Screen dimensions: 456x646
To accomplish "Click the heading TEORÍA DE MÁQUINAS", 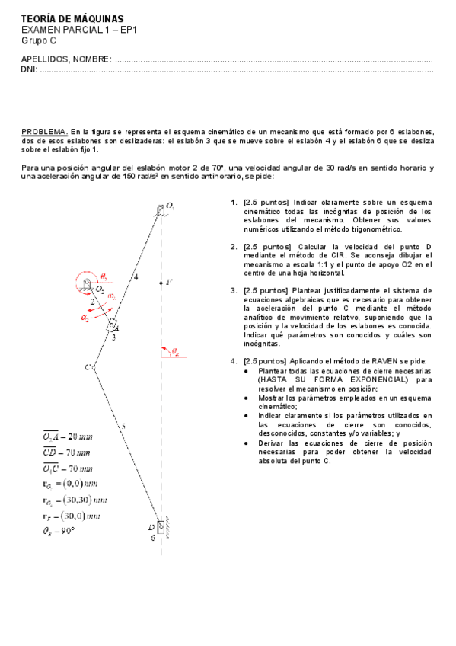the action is [71, 18].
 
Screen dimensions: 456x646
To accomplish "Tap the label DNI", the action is [28, 70].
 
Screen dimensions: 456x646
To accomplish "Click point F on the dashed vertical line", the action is [161, 283].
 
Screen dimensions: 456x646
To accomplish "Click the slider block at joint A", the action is [112, 325].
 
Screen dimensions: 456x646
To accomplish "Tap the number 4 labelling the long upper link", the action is [136, 277].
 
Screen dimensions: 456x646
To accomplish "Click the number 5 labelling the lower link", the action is [123, 426].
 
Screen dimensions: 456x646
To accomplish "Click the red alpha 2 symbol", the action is [85, 317].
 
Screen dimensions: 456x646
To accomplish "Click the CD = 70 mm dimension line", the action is [68, 453].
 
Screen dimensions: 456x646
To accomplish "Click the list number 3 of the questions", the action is [233, 290].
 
